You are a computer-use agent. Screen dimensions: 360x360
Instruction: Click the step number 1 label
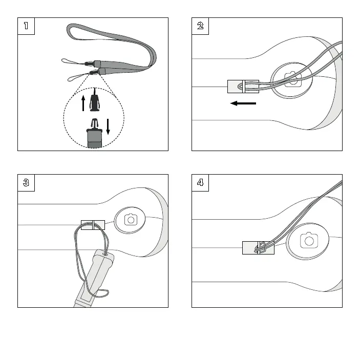pos(26,26)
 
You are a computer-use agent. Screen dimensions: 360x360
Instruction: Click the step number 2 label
pos(200,26)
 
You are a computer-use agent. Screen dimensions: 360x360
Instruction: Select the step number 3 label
pos(26,183)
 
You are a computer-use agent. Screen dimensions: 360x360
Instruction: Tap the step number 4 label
pos(200,183)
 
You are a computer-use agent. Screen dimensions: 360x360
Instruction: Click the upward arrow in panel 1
pos(83,102)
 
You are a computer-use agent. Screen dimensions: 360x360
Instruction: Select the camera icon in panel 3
pos(131,220)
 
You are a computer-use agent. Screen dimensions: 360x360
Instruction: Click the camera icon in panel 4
pos(308,240)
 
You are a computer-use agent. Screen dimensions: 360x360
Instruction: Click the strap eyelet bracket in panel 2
pos(243,87)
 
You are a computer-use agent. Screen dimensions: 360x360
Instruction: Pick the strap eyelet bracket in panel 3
pos(93,224)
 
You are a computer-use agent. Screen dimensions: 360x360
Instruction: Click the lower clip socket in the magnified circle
pos(94,135)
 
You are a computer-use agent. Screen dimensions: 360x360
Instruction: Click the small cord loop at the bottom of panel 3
pos(102,293)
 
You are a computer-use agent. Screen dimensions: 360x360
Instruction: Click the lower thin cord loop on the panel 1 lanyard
pos(77,78)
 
